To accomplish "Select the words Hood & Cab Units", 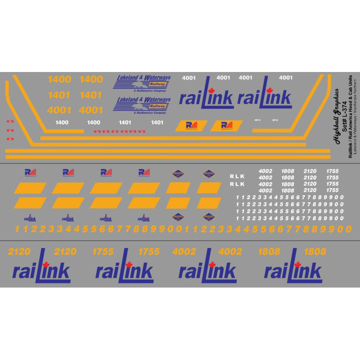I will pyautogui.click(x=351, y=92).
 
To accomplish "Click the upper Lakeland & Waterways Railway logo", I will pyautogui.click(x=142, y=83).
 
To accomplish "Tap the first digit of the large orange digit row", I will pyautogui.click(x=18, y=229).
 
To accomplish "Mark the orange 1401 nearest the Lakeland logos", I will pyautogui.click(x=90, y=95).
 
